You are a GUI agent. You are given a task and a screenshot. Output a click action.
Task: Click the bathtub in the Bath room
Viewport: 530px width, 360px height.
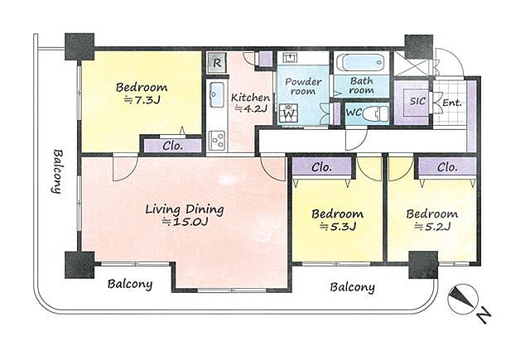[362, 63]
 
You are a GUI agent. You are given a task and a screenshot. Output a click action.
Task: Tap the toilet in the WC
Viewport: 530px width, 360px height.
[376, 113]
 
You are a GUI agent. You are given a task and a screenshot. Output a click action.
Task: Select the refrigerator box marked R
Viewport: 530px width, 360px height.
[217, 62]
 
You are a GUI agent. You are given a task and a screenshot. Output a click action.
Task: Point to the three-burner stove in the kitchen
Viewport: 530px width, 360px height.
[217, 140]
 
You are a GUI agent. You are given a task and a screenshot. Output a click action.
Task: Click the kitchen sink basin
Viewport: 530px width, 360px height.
[216, 94]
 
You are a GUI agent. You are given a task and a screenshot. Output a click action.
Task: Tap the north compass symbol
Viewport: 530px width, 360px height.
[462, 300]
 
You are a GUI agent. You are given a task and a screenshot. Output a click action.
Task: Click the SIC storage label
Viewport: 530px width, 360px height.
[417, 101]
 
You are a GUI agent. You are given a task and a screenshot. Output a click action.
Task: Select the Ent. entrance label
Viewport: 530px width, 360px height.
[452, 103]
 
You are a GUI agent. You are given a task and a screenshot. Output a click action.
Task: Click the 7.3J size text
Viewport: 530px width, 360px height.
[142, 100]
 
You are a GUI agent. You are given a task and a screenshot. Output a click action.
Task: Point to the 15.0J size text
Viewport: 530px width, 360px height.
[185, 222]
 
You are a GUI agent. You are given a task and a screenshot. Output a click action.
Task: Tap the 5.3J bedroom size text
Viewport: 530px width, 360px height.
[338, 227]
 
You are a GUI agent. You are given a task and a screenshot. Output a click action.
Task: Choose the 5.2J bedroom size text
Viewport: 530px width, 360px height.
[432, 227]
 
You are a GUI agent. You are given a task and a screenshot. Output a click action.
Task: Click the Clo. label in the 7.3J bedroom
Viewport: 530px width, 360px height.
[173, 146]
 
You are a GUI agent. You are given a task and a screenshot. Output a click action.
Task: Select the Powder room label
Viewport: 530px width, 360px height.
[303, 86]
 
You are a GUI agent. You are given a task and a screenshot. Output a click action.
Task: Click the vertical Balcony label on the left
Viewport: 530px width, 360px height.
[57, 171]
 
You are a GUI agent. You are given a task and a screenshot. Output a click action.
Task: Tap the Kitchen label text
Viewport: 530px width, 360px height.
[250, 98]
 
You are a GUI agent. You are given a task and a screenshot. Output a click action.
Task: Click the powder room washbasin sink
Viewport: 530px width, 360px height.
[289, 58]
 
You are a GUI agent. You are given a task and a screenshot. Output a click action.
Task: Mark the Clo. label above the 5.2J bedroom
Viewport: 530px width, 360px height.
[447, 167]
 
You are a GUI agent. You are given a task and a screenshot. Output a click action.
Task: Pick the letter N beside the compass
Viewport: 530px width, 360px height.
[484, 315]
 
